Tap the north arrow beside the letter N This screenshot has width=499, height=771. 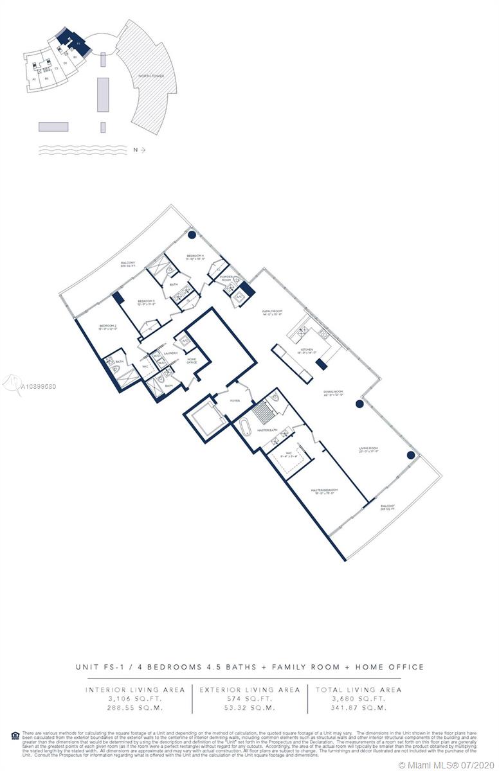(x=142, y=150)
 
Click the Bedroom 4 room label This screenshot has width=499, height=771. (x=195, y=256)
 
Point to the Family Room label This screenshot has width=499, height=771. (x=273, y=312)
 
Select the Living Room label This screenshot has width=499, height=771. (x=368, y=448)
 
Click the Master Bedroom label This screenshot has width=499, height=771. (x=324, y=490)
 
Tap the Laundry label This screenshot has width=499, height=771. (x=170, y=353)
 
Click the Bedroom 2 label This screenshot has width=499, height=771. (x=107, y=327)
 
